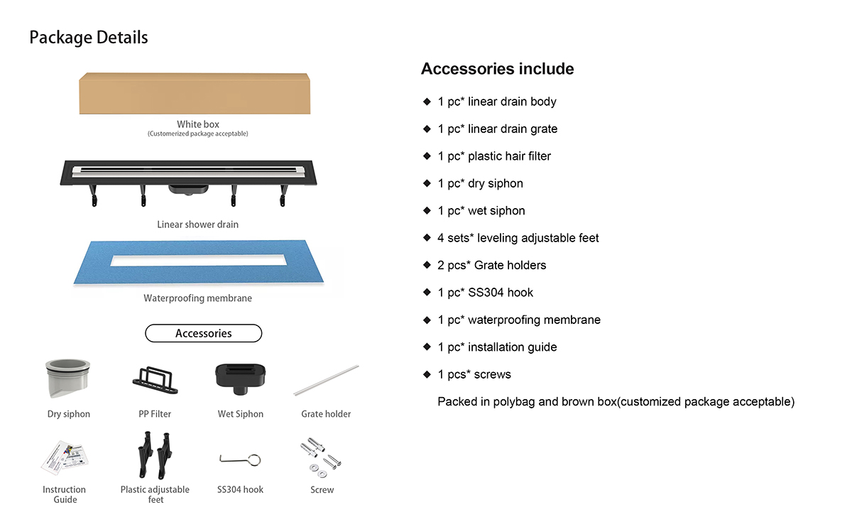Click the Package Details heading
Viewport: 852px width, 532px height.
(x=89, y=38)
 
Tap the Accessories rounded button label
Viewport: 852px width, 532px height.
(x=203, y=333)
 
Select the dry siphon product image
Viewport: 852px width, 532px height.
(x=67, y=379)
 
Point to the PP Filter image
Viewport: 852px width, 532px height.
(x=155, y=379)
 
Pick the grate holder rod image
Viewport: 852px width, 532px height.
(x=326, y=381)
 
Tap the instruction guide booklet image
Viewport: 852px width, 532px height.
(x=63, y=458)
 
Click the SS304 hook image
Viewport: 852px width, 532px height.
(x=241, y=460)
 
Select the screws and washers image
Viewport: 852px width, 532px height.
(x=321, y=457)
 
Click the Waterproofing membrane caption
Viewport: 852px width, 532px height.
(x=197, y=298)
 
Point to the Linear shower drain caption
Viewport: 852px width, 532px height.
(x=197, y=224)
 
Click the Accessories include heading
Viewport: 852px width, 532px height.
(x=497, y=69)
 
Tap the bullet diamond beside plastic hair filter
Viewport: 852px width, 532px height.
(x=427, y=156)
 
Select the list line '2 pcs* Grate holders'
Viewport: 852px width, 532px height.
(x=491, y=265)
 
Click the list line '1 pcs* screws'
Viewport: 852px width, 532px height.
(x=474, y=374)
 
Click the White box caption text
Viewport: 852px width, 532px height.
(x=198, y=124)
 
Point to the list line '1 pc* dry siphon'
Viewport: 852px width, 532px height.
(x=480, y=183)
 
